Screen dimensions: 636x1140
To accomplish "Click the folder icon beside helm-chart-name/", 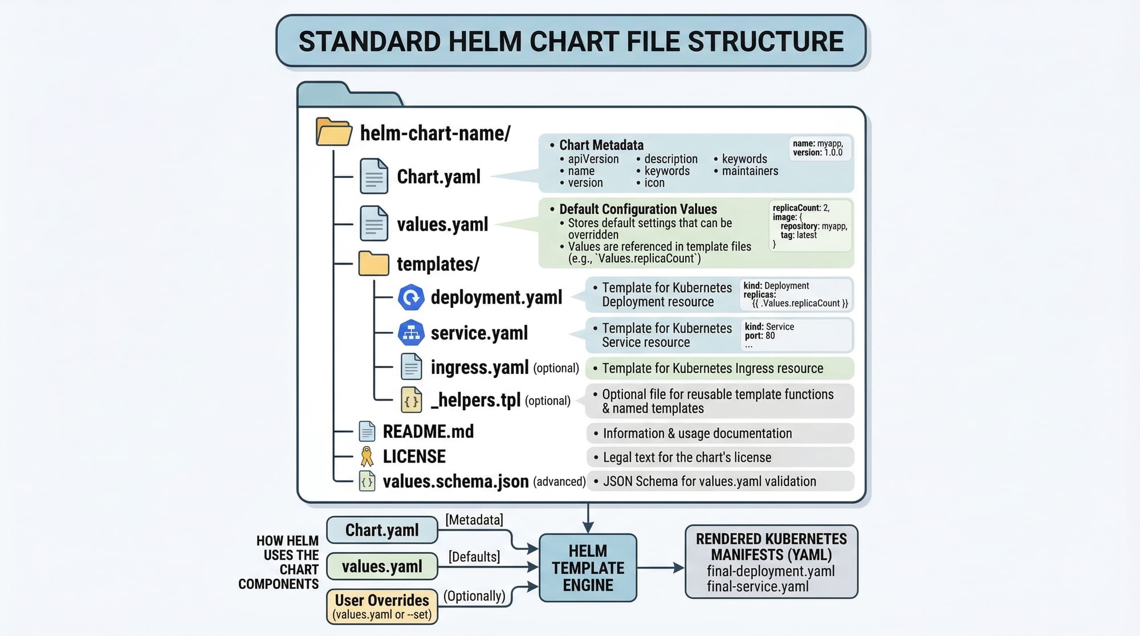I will (334, 132).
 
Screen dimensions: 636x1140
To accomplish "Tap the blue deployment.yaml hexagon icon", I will (411, 297).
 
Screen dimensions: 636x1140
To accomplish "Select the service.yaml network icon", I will (411, 333).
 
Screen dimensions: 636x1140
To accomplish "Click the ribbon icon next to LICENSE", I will (367, 456).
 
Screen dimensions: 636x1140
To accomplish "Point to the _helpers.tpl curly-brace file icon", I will (411, 400).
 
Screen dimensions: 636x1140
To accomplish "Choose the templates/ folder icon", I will (373, 264).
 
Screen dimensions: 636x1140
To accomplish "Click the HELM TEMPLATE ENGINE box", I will (588, 568).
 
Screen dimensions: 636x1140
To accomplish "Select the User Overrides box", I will (382, 606).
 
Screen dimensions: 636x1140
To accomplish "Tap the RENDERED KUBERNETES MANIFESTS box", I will (771, 562).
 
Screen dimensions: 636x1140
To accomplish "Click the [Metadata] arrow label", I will (474, 520).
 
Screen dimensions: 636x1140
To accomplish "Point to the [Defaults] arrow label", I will (474, 556).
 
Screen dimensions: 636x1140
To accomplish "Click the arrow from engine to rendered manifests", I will (661, 568).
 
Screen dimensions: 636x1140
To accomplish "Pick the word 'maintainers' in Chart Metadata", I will (750, 171).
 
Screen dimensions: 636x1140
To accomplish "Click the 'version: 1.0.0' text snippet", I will (817, 153).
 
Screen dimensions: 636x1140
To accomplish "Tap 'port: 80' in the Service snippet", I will (760, 336).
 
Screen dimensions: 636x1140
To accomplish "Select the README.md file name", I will (428, 431).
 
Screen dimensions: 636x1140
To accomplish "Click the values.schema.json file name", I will (455, 482).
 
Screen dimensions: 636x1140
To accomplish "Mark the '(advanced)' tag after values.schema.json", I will (559, 482).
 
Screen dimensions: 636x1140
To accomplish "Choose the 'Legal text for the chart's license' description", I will (687, 457).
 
